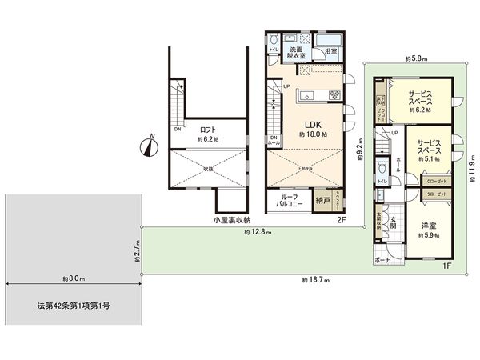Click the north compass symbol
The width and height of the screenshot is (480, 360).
coord(150,146)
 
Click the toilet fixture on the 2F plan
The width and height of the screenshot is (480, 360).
coord(274,40)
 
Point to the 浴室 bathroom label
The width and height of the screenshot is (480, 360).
coord(331,52)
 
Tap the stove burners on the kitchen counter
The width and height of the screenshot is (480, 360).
coord(334,97)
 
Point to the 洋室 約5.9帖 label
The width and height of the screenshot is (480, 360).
coord(428,229)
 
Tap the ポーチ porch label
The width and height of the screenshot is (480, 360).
coord(382,260)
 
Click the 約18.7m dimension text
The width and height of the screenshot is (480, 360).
coord(315,280)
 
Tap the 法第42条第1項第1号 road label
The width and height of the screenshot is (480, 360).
coord(74,306)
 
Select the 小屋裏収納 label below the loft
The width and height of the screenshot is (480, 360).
coord(232,220)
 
